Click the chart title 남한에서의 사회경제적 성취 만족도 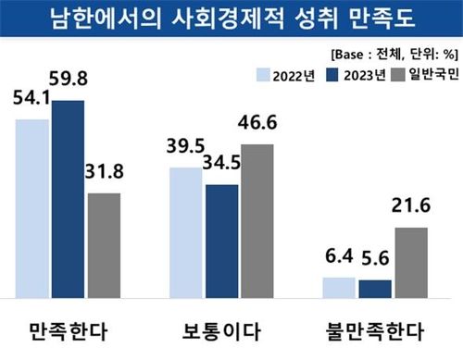coord(231,19)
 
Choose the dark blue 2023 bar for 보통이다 coord(220,242)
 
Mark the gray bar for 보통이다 coord(257,221)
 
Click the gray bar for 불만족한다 coord(411,263)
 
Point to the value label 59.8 coord(69,61)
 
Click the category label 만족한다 coord(69,329)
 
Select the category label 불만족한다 coord(375,329)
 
